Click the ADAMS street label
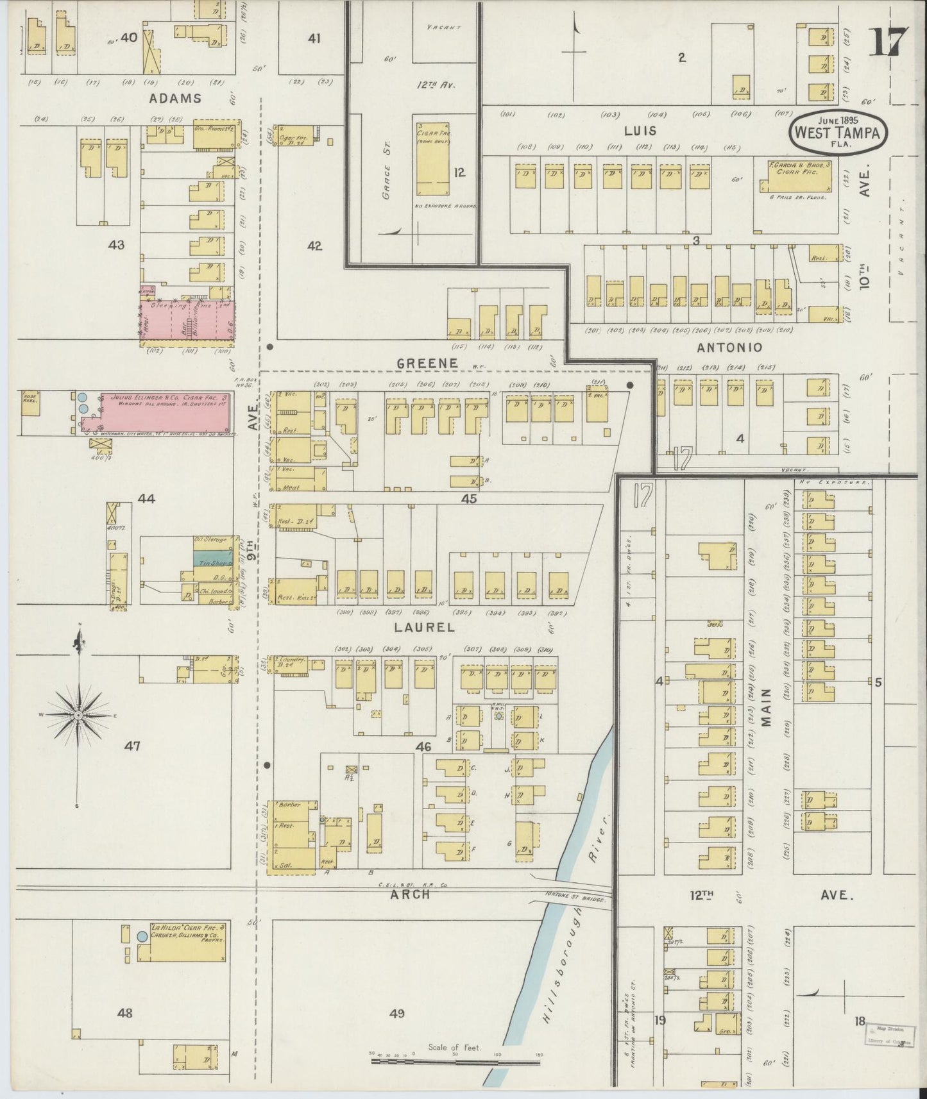click(175, 98)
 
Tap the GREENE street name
click(427, 363)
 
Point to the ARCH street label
click(410, 894)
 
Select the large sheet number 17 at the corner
click(889, 44)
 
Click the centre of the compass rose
click(78, 714)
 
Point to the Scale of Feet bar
click(457, 1062)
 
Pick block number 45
click(469, 498)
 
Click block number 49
click(398, 1014)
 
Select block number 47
click(133, 746)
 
